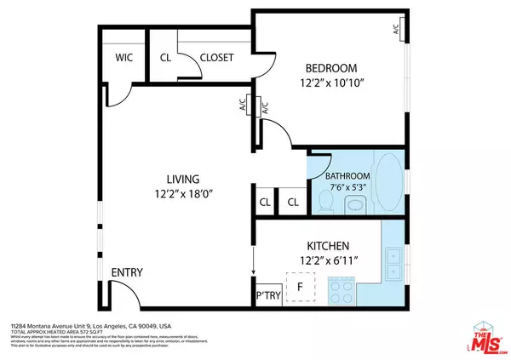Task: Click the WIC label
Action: click(x=123, y=59)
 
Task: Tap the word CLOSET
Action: click(x=217, y=59)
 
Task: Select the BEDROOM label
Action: click(x=331, y=68)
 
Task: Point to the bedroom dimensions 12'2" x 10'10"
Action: click(x=331, y=83)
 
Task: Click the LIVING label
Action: click(x=182, y=179)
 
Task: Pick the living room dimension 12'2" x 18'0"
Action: click(x=182, y=194)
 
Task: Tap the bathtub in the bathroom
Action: click(x=390, y=182)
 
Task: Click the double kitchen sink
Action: click(x=393, y=264)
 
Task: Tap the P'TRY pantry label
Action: click(x=268, y=295)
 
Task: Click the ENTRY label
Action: click(x=127, y=272)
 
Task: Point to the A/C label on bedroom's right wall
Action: click(x=397, y=29)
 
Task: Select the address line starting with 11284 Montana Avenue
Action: click(x=90, y=326)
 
